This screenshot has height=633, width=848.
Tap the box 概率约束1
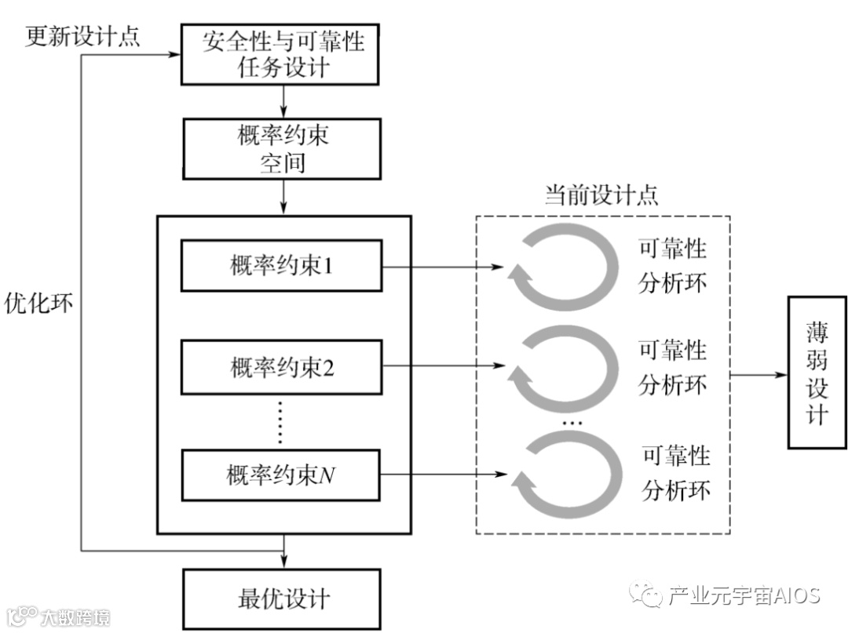point(282,266)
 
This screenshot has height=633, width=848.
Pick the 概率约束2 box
point(282,366)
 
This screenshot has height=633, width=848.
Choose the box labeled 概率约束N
point(282,474)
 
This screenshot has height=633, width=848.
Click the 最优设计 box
point(282,600)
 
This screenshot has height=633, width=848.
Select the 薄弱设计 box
point(817,372)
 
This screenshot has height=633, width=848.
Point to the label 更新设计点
point(82,36)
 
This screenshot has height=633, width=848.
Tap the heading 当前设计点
point(602,195)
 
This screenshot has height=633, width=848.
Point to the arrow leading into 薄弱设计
point(758,374)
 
